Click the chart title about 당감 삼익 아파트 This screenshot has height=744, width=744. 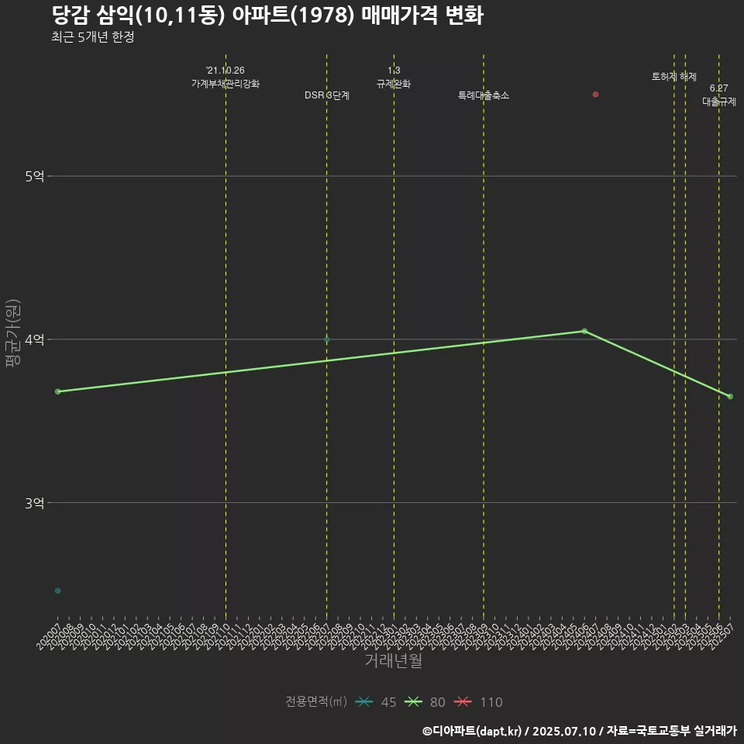[267, 15]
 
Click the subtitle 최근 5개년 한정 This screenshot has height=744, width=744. [93, 37]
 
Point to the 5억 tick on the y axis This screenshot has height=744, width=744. [34, 177]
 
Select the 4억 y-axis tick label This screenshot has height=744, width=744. [34, 340]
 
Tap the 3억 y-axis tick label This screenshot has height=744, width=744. [34, 504]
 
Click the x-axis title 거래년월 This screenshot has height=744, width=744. [393, 661]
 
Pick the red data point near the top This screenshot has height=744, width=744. [595, 95]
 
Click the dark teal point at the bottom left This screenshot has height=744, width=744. [57, 591]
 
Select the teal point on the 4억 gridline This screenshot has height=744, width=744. [326, 339]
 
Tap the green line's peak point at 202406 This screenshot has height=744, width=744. [584, 331]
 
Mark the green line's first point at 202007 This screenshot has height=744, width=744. [57, 391]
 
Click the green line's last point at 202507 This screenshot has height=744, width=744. [730, 397]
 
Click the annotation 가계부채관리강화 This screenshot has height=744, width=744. [226, 83]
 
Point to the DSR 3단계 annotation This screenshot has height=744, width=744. [326, 95]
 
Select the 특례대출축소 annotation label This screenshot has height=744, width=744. [484, 95]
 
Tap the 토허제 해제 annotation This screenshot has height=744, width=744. [673, 77]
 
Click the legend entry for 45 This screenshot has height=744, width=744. [377, 702]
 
